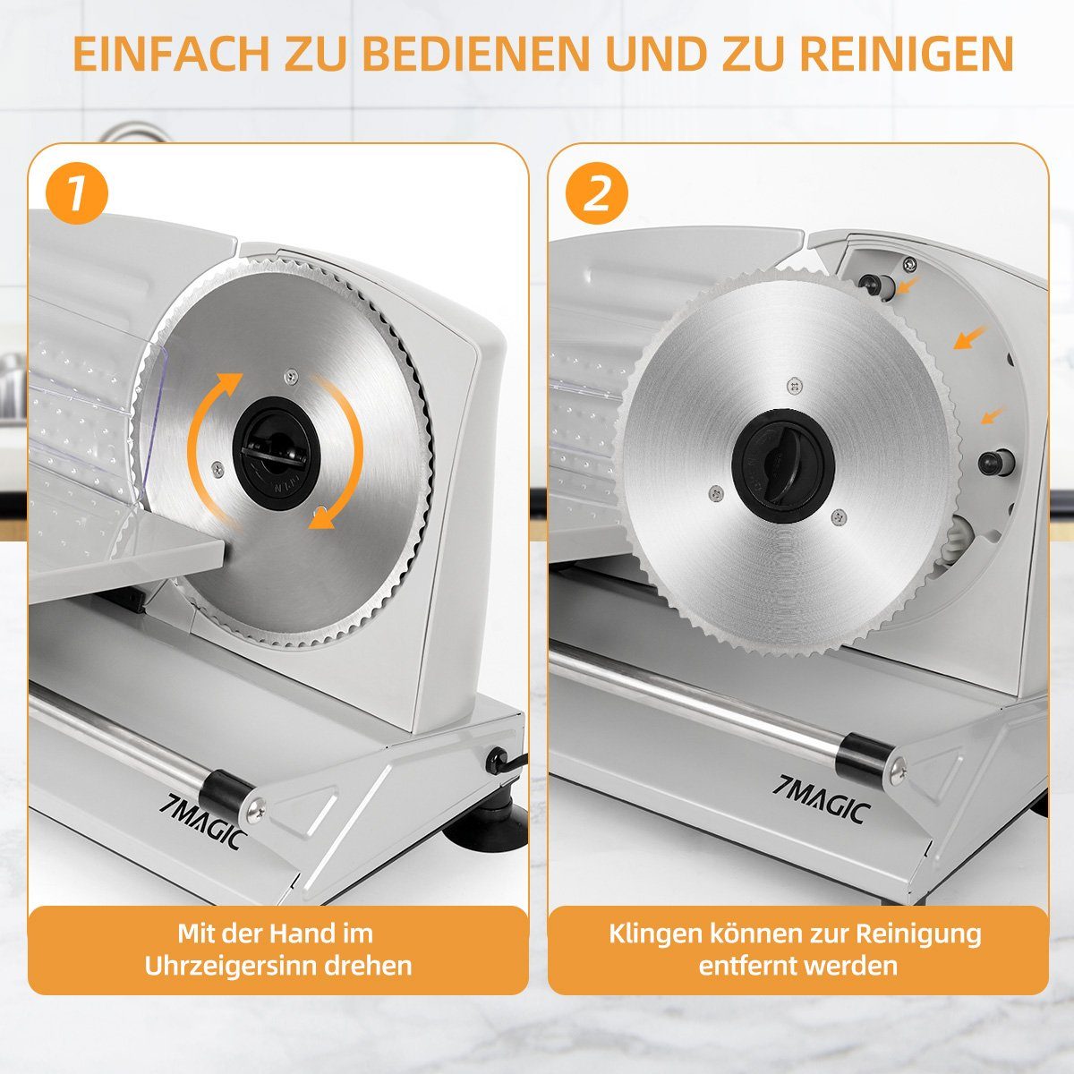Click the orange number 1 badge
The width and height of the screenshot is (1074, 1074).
tap(78, 192)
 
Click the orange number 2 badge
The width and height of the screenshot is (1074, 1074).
tap(597, 192)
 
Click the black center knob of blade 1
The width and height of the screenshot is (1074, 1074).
tap(277, 453)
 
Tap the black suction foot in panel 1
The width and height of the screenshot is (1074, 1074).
tap(487, 831)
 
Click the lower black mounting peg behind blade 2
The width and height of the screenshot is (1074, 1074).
tap(996, 462)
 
